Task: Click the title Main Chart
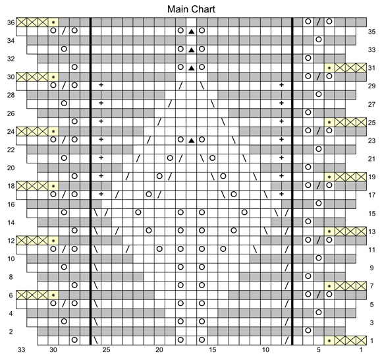pos(191,9)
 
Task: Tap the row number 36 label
pos(11,22)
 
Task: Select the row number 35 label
pos(371,32)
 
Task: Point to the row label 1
pos(371,340)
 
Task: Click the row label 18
pos(11,186)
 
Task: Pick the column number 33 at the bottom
pos(22,350)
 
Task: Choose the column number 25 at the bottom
pos(106,350)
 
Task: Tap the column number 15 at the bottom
pos(213,350)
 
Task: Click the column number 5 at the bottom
pos(319,350)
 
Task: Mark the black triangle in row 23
pos(192,140)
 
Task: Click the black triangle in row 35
pos(192,31)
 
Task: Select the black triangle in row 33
pos(192,49)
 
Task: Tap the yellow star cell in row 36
pos(53,22)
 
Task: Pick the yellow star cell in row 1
pos(329,340)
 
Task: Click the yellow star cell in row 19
pos(329,177)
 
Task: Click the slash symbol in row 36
pos(318,22)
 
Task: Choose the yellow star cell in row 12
pos(53,241)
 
